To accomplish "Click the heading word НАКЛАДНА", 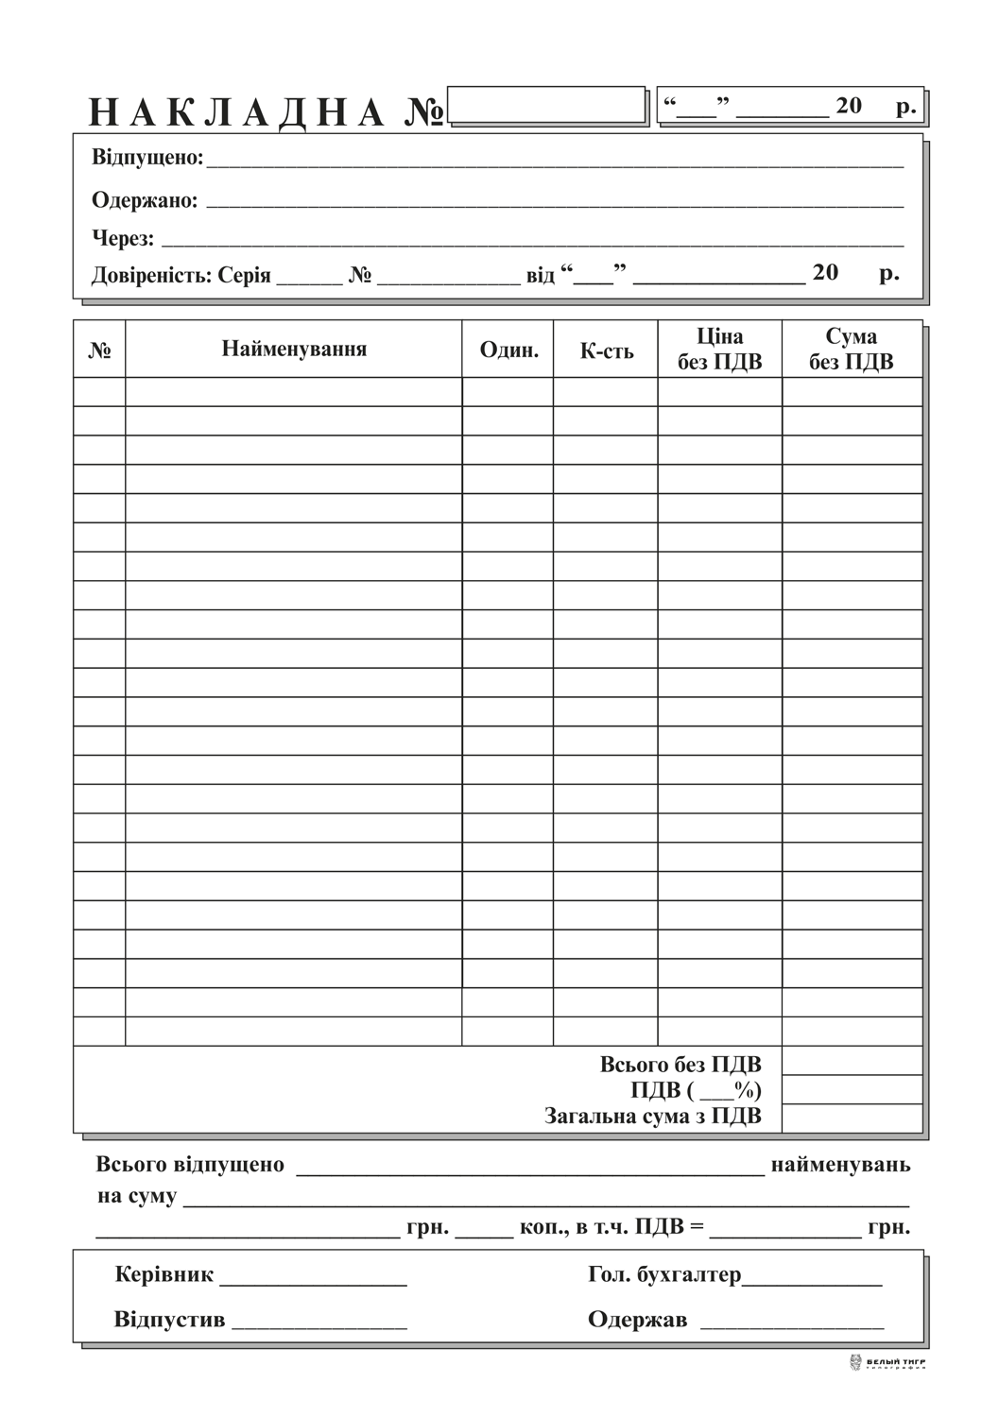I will [x=237, y=112].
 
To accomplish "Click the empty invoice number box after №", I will [x=546, y=105].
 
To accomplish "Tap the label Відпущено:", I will [x=147, y=158].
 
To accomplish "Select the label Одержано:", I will [x=145, y=200].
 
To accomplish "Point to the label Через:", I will [x=123, y=238].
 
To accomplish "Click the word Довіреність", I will [x=151, y=276].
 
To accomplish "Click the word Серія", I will [x=244, y=276].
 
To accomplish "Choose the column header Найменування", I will [x=294, y=349].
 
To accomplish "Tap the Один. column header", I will [x=508, y=350].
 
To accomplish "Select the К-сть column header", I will [x=606, y=351].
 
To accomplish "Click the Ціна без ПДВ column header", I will [x=719, y=350].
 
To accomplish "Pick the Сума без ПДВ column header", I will [x=851, y=350].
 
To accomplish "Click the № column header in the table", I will [x=99, y=351].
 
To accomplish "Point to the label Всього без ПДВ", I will [x=680, y=1065].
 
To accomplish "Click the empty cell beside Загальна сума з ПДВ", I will [x=852, y=1118].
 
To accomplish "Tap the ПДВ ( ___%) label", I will [x=696, y=1090].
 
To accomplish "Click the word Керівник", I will [x=164, y=1274].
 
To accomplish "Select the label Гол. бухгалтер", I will [x=664, y=1274].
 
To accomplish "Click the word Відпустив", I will [x=169, y=1319].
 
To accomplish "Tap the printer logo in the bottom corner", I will [x=887, y=1363].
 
